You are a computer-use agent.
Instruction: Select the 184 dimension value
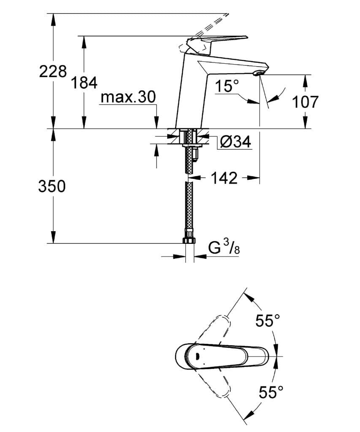[84, 83]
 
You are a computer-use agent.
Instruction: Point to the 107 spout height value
[304, 102]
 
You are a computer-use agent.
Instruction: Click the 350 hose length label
[52, 186]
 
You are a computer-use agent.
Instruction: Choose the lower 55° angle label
[271, 393]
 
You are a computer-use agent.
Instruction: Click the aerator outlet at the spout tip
[257, 74]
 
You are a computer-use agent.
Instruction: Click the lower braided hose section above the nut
[189, 209]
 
